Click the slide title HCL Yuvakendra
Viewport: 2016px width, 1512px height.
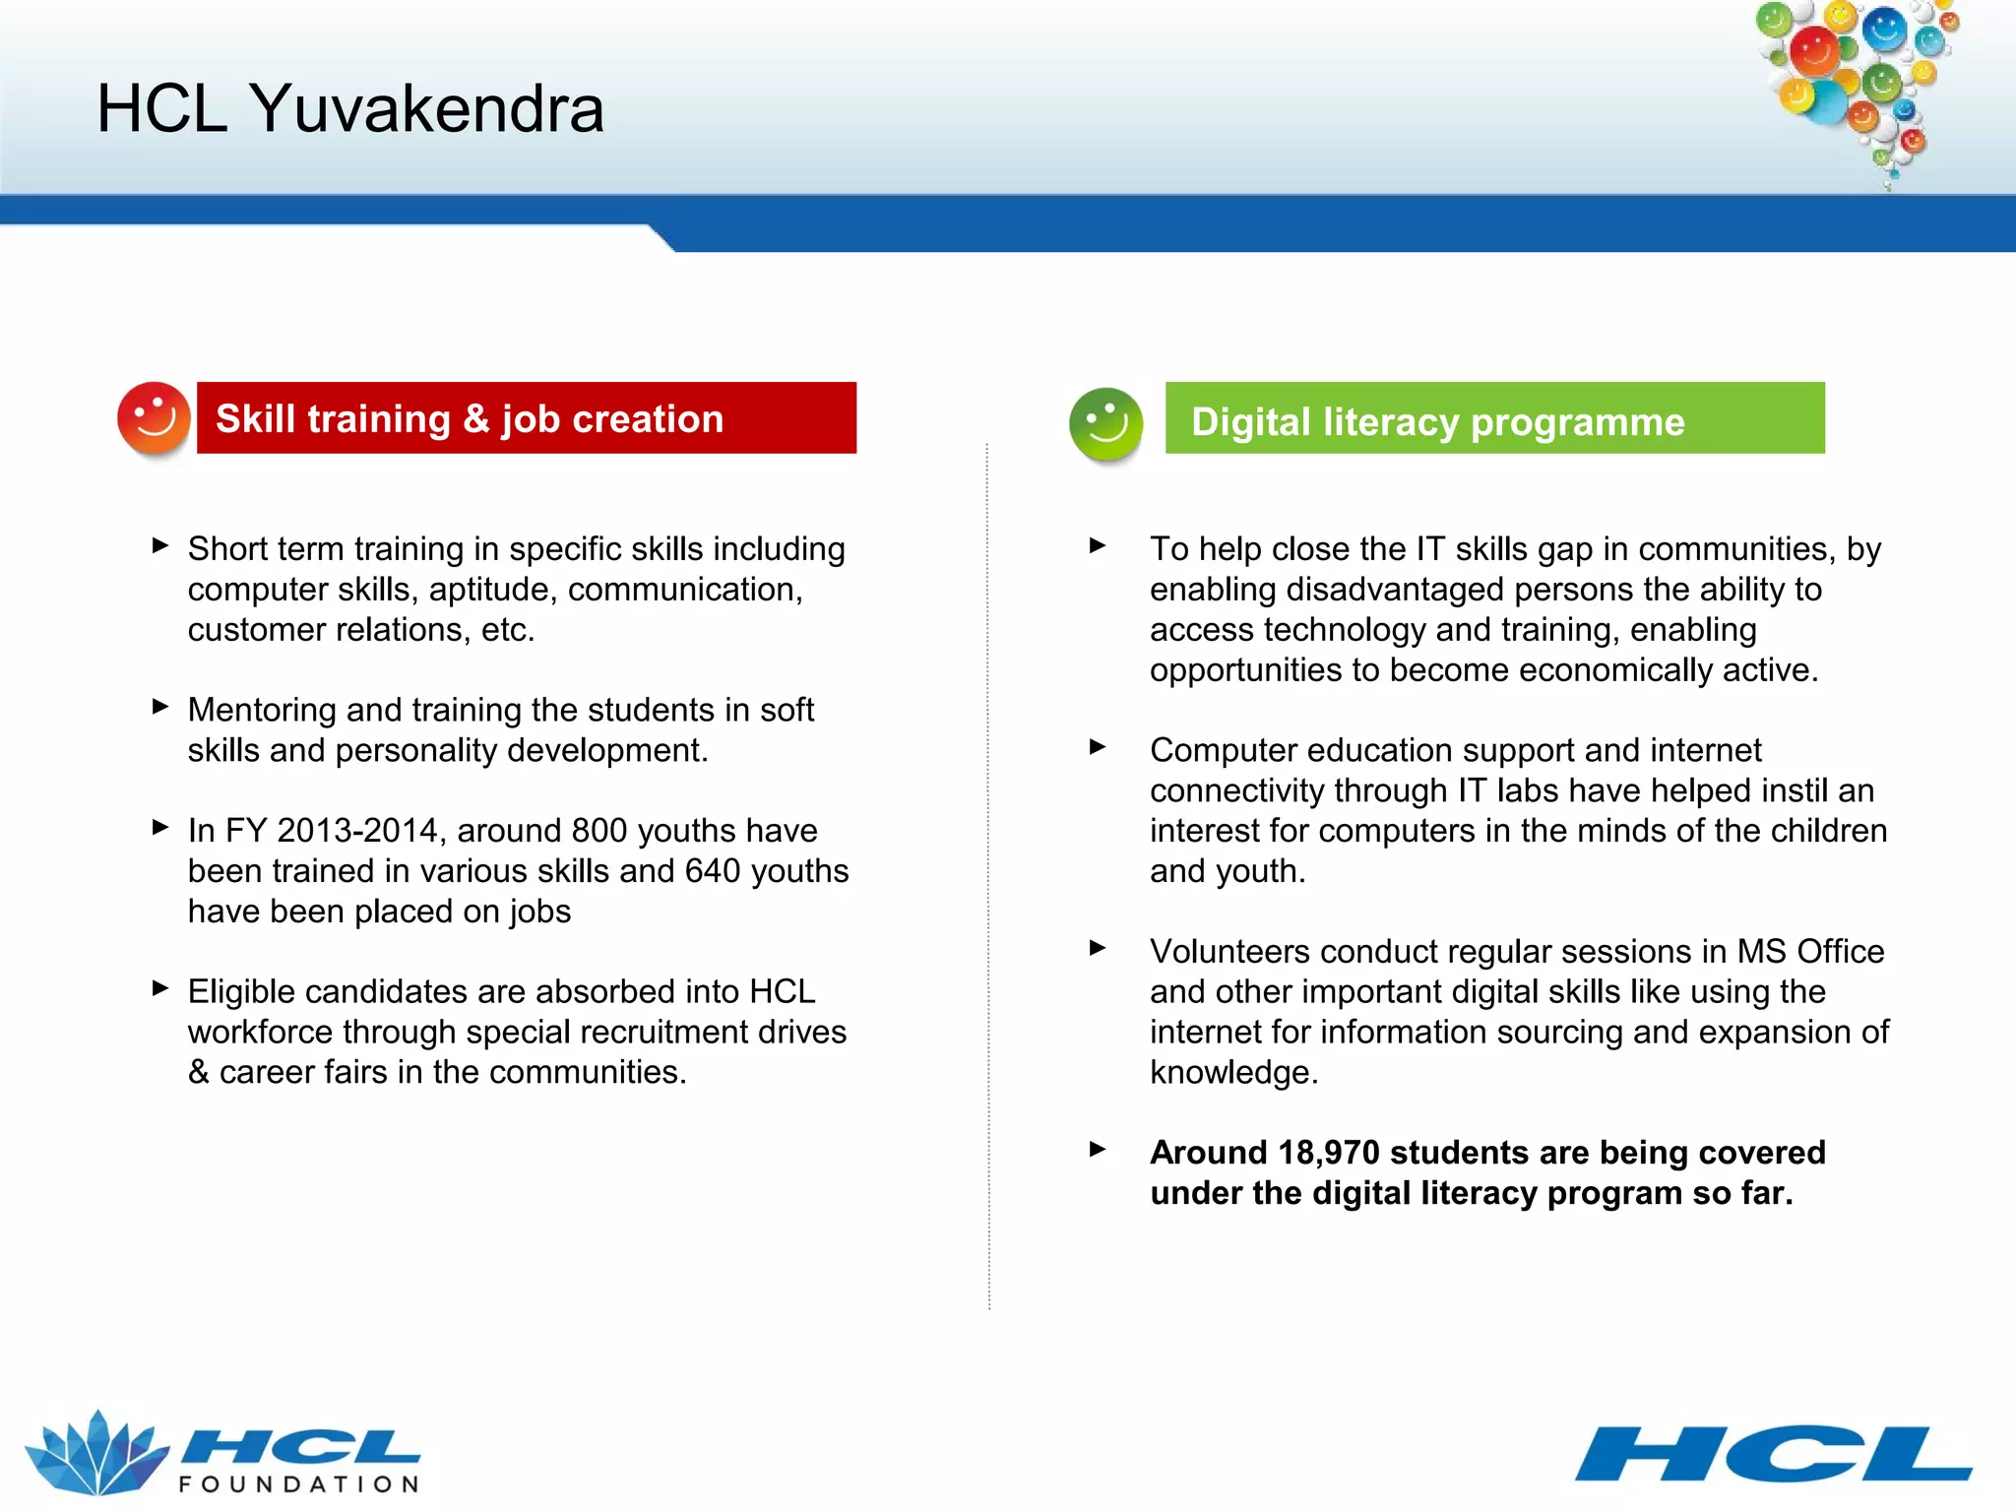pyautogui.click(x=349, y=108)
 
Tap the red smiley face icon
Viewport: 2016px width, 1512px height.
pyautogui.click(x=153, y=418)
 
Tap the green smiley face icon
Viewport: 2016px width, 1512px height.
pyautogui.click(x=1105, y=424)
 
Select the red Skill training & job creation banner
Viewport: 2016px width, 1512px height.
pyautogui.click(x=526, y=418)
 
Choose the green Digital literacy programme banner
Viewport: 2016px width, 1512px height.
pyautogui.click(x=1494, y=419)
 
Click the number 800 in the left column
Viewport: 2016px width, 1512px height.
pyautogui.click(x=598, y=831)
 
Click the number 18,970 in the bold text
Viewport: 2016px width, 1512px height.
pyautogui.click(x=1328, y=1153)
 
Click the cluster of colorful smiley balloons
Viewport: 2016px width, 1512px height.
pyautogui.click(x=1856, y=84)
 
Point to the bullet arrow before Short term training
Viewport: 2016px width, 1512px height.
pyautogui.click(x=160, y=545)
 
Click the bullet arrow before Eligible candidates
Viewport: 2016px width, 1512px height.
pyautogui.click(x=160, y=988)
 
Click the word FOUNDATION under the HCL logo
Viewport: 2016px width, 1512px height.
pyautogui.click(x=299, y=1484)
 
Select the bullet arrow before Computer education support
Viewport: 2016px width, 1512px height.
pyautogui.click(x=1098, y=747)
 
